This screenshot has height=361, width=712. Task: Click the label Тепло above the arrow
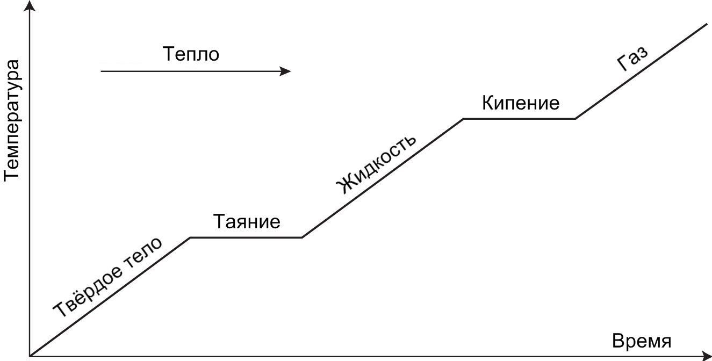click(x=191, y=54)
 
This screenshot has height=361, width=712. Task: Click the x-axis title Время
click(x=642, y=342)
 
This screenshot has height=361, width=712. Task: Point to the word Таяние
click(x=247, y=221)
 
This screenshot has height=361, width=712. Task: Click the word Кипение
click(x=520, y=103)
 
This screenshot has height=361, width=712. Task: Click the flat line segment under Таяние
click(x=246, y=237)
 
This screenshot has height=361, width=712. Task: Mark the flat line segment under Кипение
click(x=519, y=119)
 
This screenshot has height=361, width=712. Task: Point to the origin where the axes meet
click(x=31, y=355)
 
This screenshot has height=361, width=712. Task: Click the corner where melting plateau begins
click(x=191, y=237)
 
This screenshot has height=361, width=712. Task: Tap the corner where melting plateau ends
click(x=302, y=237)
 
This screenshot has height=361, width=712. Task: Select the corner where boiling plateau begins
click(x=463, y=119)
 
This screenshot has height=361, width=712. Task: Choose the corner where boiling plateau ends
click(x=575, y=119)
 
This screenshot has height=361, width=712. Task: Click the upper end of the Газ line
click(x=707, y=24)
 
